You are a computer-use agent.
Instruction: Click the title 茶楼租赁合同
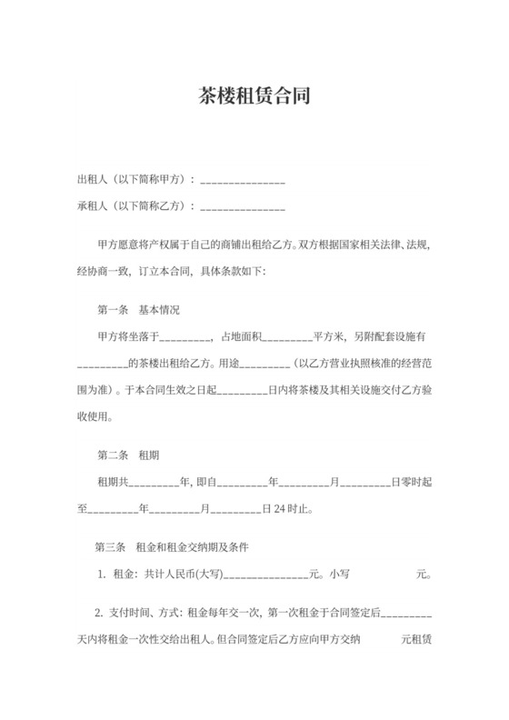click(254, 95)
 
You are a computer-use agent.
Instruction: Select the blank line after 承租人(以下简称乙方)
click(242, 208)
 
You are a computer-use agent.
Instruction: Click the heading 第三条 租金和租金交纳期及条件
click(172, 548)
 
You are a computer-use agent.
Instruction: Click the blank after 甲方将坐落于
click(185, 338)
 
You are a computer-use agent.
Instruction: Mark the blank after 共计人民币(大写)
click(264, 576)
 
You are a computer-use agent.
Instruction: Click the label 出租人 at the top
click(93, 180)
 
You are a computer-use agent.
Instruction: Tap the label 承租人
click(93, 206)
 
